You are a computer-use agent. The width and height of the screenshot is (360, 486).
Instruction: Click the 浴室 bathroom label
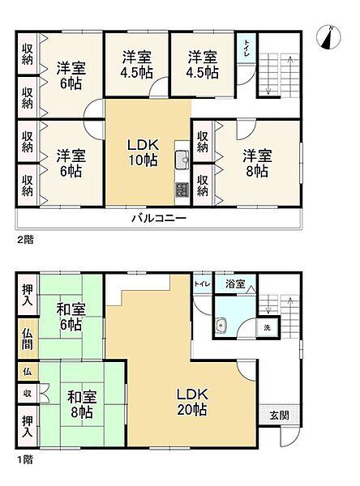coord(236,285)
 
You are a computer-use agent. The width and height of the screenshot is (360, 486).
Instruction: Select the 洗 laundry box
coord(268,327)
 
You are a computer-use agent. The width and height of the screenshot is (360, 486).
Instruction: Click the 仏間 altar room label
coord(27,338)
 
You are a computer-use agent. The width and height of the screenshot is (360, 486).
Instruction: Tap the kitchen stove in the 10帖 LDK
coord(181,190)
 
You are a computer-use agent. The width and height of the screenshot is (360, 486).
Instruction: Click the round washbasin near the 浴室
coord(221,326)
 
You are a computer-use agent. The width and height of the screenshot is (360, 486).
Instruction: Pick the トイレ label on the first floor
coord(200,284)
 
